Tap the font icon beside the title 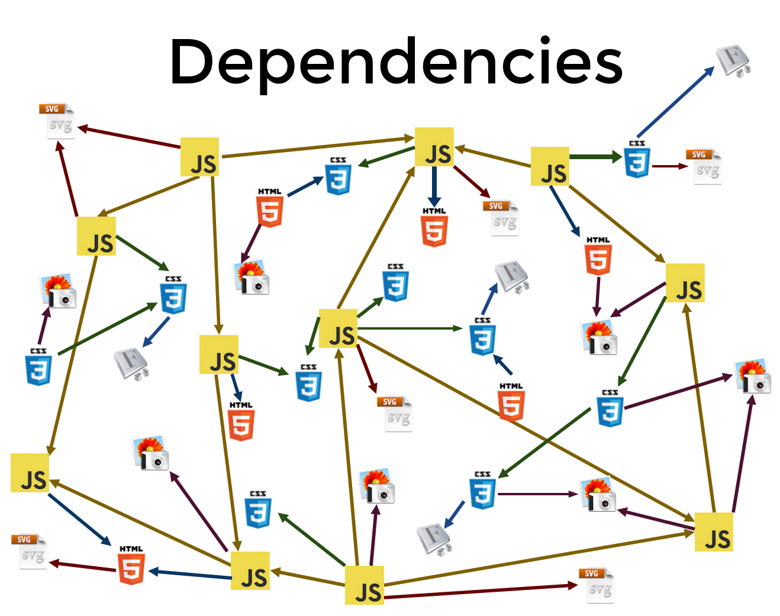[x=733, y=62]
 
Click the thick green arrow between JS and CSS [x=595, y=157]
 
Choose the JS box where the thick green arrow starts [x=550, y=167]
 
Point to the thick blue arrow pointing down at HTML [x=434, y=185]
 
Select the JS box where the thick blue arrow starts [x=434, y=147]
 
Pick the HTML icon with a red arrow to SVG [x=131, y=566]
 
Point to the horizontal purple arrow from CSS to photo [x=537, y=494]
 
